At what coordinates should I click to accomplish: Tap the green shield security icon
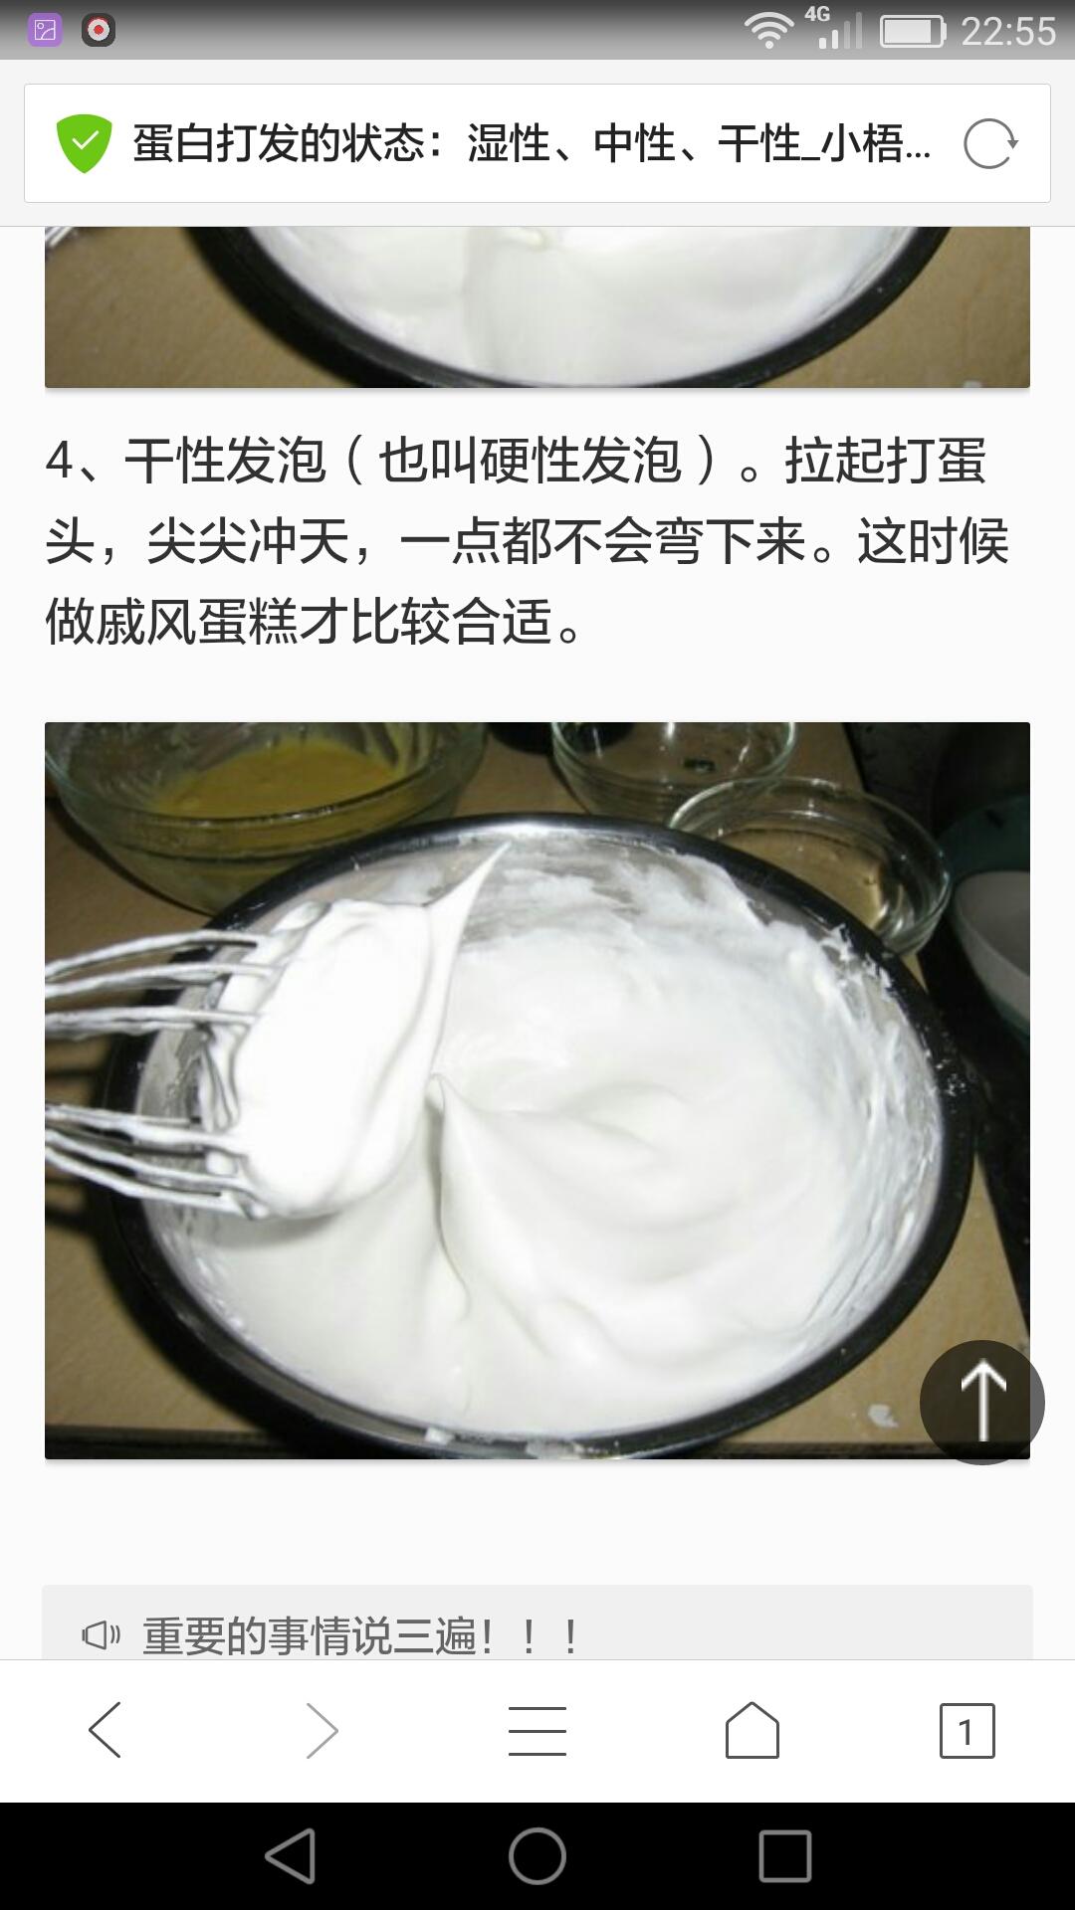click(84, 144)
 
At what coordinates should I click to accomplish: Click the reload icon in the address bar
click(990, 144)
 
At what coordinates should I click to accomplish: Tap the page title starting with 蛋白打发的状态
click(532, 144)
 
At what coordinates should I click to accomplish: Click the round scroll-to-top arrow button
click(982, 1402)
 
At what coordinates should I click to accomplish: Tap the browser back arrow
click(106, 1730)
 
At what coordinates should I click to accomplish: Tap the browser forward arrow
click(321, 1730)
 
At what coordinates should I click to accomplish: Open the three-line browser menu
click(537, 1730)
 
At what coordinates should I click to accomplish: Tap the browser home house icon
click(752, 1730)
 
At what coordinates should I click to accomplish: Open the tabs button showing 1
click(967, 1731)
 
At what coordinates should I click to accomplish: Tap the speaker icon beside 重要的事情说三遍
click(101, 1634)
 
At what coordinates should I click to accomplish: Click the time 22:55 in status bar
click(1007, 31)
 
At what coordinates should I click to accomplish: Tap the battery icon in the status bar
click(912, 32)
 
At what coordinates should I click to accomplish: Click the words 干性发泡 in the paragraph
click(225, 461)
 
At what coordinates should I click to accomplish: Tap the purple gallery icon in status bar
click(45, 31)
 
